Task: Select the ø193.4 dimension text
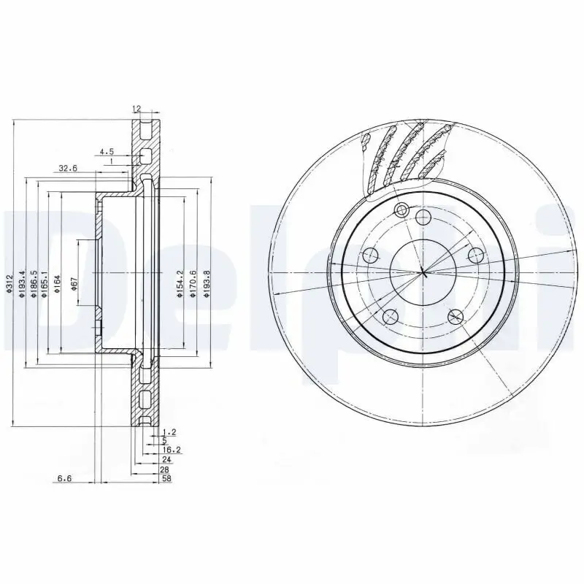23,283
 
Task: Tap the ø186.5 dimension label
34,283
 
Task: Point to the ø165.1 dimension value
45,283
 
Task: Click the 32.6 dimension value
68,168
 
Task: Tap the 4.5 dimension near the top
107,152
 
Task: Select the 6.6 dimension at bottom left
64,479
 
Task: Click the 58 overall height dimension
166,479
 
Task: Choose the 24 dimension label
166,461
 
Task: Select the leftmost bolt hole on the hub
370,255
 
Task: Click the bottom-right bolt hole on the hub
456,316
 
